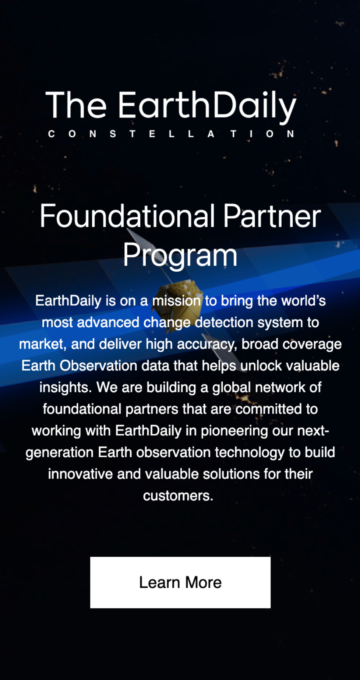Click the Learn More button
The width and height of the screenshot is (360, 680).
pyautogui.click(x=180, y=582)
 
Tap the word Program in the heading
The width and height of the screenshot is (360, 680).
pyautogui.click(x=180, y=256)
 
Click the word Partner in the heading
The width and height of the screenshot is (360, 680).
pyautogui.click(x=272, y=216)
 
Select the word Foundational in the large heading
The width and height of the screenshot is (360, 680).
pyautogui.click(x=128, y=216)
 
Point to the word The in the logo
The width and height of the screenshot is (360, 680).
pyautogui.click(x=76, y=105)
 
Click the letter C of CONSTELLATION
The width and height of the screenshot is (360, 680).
pyautogui.click(x=51, y=134)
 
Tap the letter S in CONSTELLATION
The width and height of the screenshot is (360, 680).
pyautogui.click(x=113, y=134)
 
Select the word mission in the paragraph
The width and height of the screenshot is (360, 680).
pyautogui.click(x=176, y=301)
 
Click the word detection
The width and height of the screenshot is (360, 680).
pyautogui.click(x=224, y=322)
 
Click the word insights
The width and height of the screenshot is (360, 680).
pyautogui.click(x=66, y=388)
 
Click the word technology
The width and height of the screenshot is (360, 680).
pyautogui.click(x=250, y=453)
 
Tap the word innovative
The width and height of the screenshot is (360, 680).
pyautogui.click(x=80, y=474)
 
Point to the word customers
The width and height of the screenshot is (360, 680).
pyautogui.click(x=178, y=496)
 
